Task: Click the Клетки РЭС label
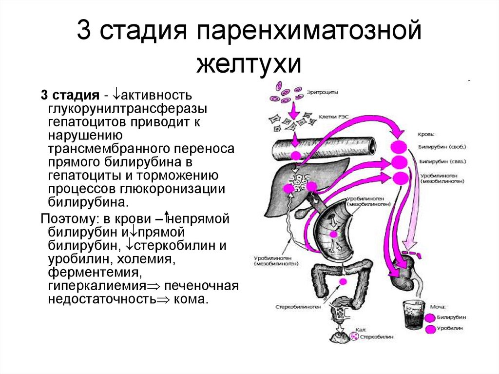333,117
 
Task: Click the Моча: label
437,307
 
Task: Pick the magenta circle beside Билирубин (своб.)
399,146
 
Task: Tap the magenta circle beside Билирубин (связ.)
399,162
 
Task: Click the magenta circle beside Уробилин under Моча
430,329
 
